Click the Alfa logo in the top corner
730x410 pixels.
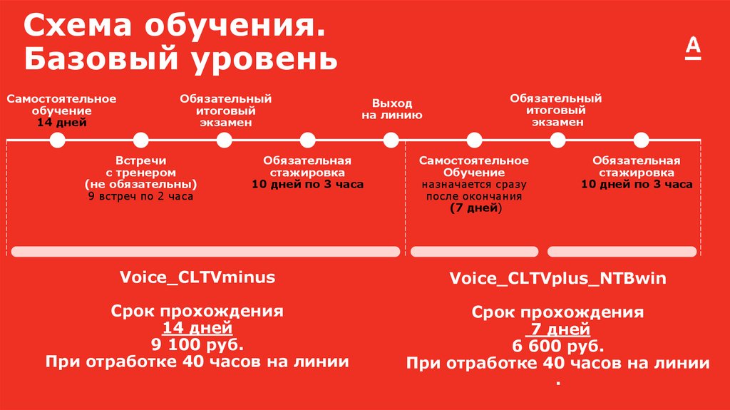coord(694,49)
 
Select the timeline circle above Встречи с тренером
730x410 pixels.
coord(140,140)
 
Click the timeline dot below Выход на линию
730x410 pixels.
coord(391,140)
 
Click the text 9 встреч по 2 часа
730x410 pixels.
coord(140,196)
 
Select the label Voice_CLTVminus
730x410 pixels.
coord(197,277)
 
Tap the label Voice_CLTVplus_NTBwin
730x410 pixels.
coord(557,278)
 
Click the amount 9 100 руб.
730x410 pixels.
coord(197,345)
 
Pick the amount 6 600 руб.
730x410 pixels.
coord(558,347)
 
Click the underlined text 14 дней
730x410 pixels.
coord(197,328)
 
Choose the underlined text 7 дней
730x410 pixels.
coord(558,329)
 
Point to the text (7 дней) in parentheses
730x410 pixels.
coord(475,208)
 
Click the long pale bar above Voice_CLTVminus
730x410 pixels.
coord(205,251)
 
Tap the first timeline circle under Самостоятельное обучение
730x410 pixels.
coord(58,140)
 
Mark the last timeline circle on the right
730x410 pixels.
coord(642,140)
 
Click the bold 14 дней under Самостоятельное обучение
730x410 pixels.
coord(62,123)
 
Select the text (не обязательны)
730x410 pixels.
coord(140,184)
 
